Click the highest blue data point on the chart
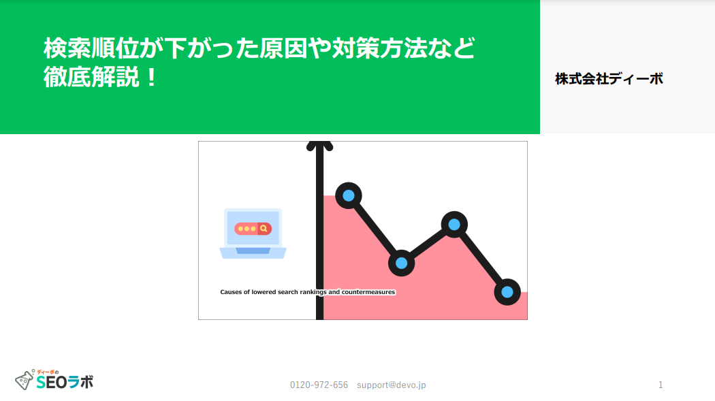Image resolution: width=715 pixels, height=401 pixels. (349, 195)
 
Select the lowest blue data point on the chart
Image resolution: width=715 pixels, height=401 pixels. (507, 292)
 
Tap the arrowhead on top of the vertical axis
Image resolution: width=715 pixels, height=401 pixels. (319, 146)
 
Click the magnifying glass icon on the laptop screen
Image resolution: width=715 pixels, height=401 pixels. (264, 229)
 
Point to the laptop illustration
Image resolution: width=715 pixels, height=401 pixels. (253, 234)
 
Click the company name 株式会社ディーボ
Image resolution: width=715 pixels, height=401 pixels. (609, 79)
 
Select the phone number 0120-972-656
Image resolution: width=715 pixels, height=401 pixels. (319, 385)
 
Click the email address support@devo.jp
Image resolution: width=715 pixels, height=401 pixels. (392, 385)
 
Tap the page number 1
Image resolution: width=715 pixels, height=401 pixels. (661, 385)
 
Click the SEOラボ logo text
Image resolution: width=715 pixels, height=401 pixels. (65, 382)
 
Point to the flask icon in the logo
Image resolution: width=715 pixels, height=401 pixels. (25, 380)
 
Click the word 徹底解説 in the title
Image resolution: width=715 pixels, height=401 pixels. (91, 76)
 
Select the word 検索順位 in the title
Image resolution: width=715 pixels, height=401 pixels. (91, 48)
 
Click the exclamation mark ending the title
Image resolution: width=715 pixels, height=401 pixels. (152, 76)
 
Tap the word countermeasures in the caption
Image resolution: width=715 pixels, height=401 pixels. (368, 292)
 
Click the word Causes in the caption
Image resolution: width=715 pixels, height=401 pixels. (230, 292)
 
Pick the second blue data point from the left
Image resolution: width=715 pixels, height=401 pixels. (401, 263)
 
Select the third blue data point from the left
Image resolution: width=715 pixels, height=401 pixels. (454, 225)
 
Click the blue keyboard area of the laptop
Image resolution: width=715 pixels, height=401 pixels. (253, 251)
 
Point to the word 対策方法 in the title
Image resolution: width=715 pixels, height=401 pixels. (379, 48)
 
